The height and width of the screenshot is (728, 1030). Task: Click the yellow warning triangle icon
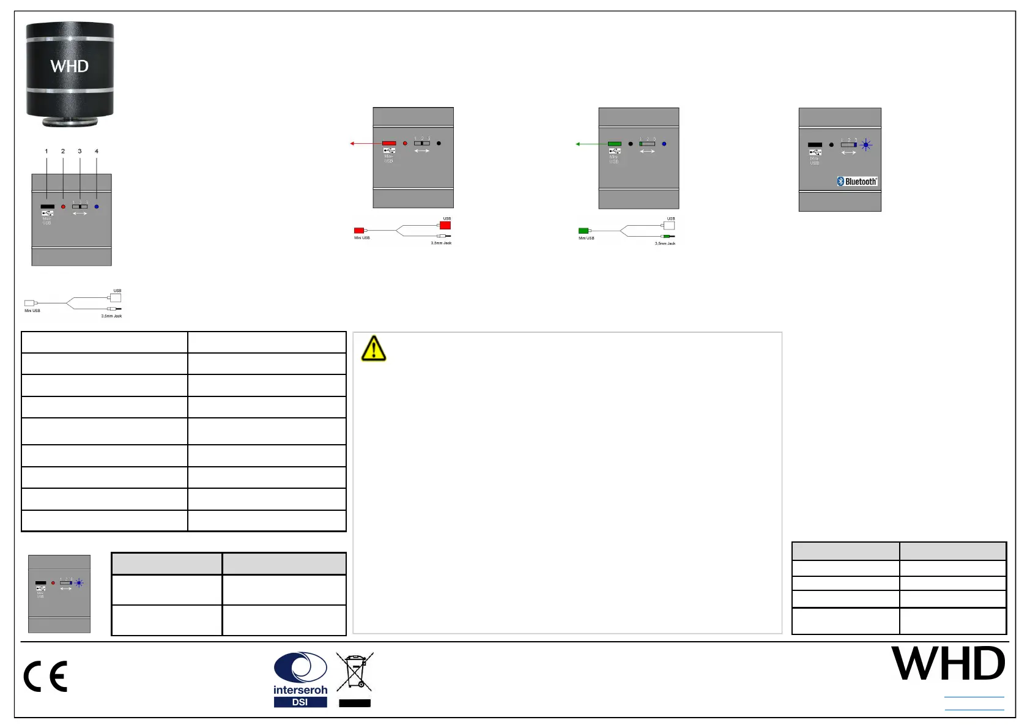(373, 349)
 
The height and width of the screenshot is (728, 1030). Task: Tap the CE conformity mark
(45, 677)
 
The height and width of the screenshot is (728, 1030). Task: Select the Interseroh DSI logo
(300, 680)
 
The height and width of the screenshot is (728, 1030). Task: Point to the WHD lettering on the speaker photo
(69, 66)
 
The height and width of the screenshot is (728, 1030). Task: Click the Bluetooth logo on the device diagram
(857, 181)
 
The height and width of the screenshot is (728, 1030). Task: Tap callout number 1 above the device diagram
(46, 151)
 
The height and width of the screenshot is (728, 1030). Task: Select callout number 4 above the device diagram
(97, 151)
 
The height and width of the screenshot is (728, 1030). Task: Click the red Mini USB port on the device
(389, 143)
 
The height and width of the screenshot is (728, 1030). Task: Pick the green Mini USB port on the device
(615, 144)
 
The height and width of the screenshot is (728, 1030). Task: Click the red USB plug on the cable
(445, 225)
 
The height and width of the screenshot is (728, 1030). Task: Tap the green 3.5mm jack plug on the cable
(667, 236)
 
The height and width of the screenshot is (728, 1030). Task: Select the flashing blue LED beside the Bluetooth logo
(865, 145)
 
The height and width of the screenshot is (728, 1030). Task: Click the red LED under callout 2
(63, 207)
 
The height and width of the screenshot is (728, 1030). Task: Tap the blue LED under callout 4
(97, 207)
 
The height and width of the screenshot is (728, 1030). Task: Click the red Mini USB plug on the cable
(359, 230)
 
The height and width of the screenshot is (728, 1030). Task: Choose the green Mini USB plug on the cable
(584, 231)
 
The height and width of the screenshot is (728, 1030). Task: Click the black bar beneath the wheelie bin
(355, 703)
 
